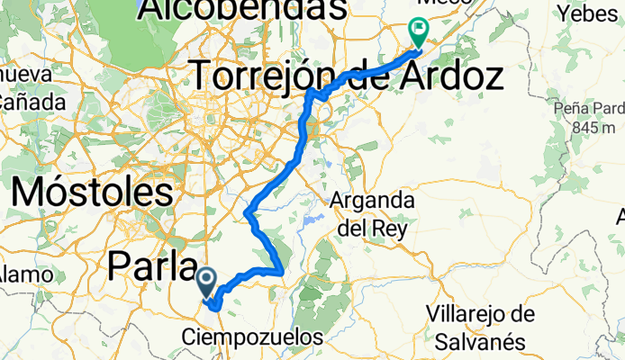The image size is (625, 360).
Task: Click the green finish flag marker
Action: click(420, 31)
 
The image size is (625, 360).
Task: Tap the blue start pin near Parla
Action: click(206, 282)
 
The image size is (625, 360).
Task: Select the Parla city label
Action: click(152, 265)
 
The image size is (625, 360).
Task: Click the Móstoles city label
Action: click(94, 192)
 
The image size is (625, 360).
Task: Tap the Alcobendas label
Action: click(242, 10)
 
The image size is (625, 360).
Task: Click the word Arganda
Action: click(372, 199)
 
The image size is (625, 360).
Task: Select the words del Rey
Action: click(373, 229)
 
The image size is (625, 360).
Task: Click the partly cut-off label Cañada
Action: click(32, 103)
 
